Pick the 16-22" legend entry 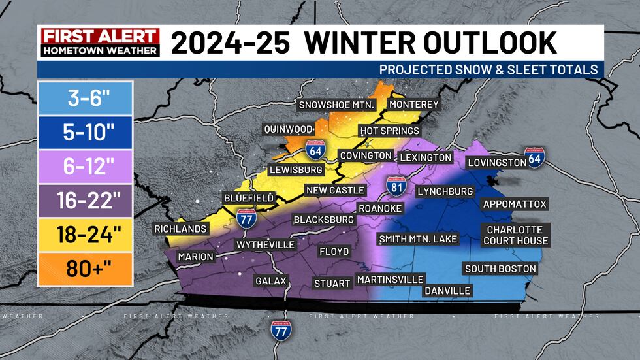click(85, 201)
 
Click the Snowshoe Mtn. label click(336, 105)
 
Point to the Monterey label click(414, 105)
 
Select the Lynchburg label click(445, 191)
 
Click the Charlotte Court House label click(515, 235)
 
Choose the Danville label click(447, 291)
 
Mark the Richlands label click(181, 229)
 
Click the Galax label click(271, 281)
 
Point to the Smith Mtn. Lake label click(418, 238)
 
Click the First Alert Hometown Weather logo click(99, 42)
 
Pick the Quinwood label click(288, 129)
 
